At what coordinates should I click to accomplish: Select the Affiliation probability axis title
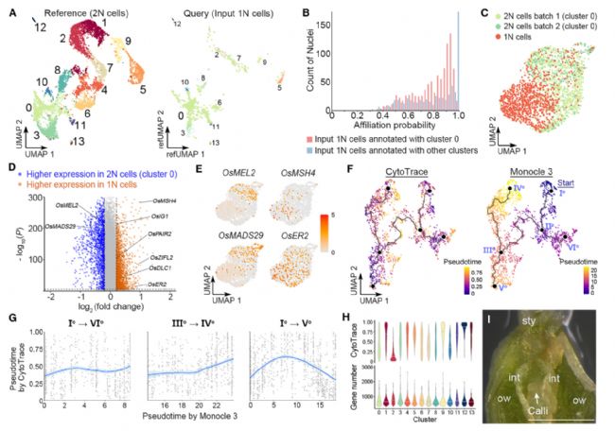(389, 129)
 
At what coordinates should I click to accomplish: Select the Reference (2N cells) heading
(68, 9)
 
